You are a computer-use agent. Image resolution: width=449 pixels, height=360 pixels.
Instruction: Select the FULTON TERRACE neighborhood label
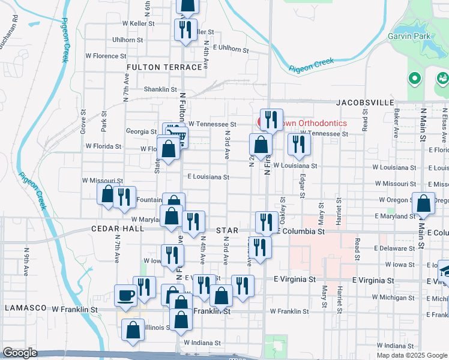tap(164, 67)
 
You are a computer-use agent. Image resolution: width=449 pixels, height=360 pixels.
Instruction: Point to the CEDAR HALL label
tap(118, 229)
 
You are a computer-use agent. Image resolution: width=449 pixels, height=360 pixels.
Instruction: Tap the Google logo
tap(20, 353)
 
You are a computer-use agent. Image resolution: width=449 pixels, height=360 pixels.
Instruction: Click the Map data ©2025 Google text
tap(412, 355)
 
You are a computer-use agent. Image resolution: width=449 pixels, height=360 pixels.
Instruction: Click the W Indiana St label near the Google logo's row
tap(203, 342)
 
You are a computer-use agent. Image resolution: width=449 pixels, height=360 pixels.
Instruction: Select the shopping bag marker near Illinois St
tap(133, 330)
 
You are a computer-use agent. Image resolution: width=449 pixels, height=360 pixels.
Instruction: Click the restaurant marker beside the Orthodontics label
tap(271, 119)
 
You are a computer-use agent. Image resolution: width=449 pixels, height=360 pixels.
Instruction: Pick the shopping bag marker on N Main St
tap(424, 205)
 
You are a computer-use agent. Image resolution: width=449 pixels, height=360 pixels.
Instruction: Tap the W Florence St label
tap(106, 56)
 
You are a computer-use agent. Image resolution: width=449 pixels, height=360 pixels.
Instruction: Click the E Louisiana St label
tap(208, 177)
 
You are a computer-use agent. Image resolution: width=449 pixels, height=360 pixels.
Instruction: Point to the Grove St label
tap(83, 125)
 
